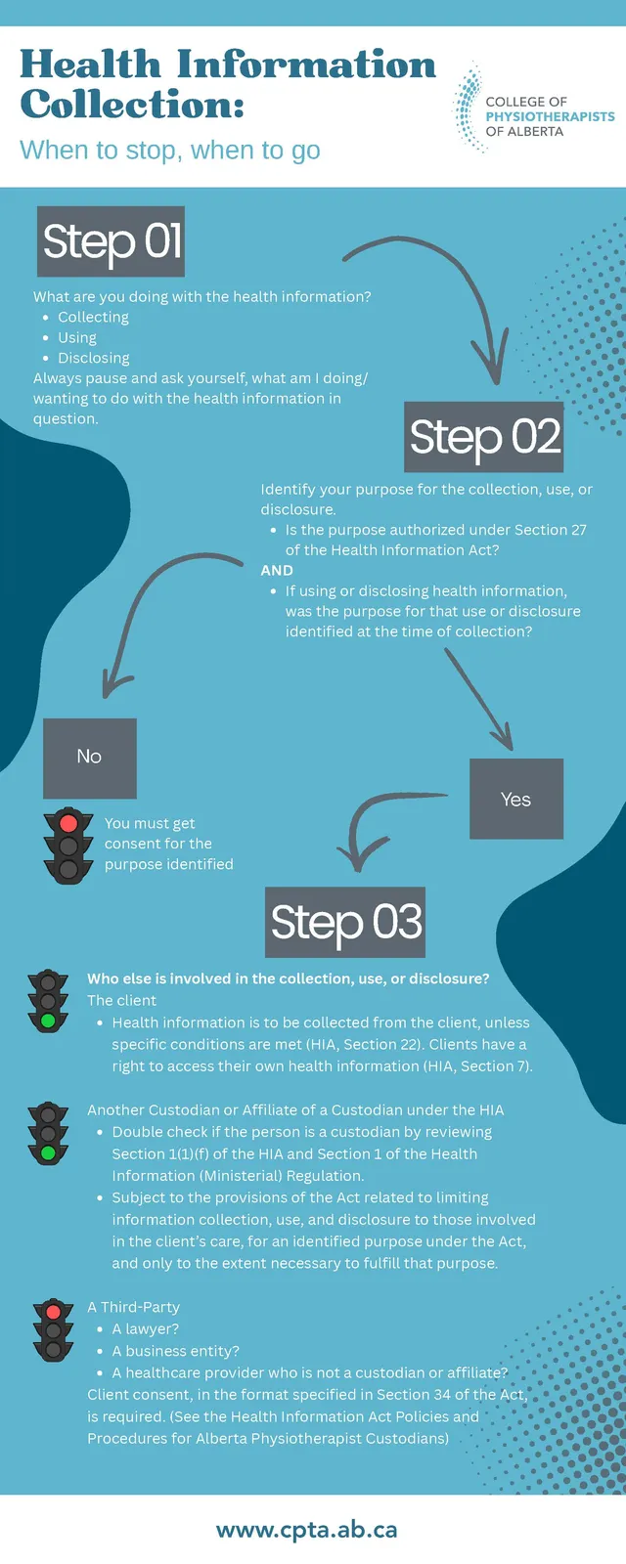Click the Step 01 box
tap(112, 241)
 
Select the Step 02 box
tap(483, 437)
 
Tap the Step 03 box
tap(345, 922)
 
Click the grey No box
tap(89, 759)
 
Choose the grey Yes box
tap(516, 799)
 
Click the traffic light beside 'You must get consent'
tap(68, 847)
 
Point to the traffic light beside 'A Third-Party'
tap(53, 1330)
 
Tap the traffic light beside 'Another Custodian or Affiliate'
tap(48, 1133)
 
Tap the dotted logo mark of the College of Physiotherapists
tap(469, 107)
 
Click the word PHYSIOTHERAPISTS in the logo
tap(550, 116)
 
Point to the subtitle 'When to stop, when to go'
tap(170, 151)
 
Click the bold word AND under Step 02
tap(277, 571)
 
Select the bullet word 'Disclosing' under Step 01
tap(94, 358)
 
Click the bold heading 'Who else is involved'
tap(289, 978)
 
